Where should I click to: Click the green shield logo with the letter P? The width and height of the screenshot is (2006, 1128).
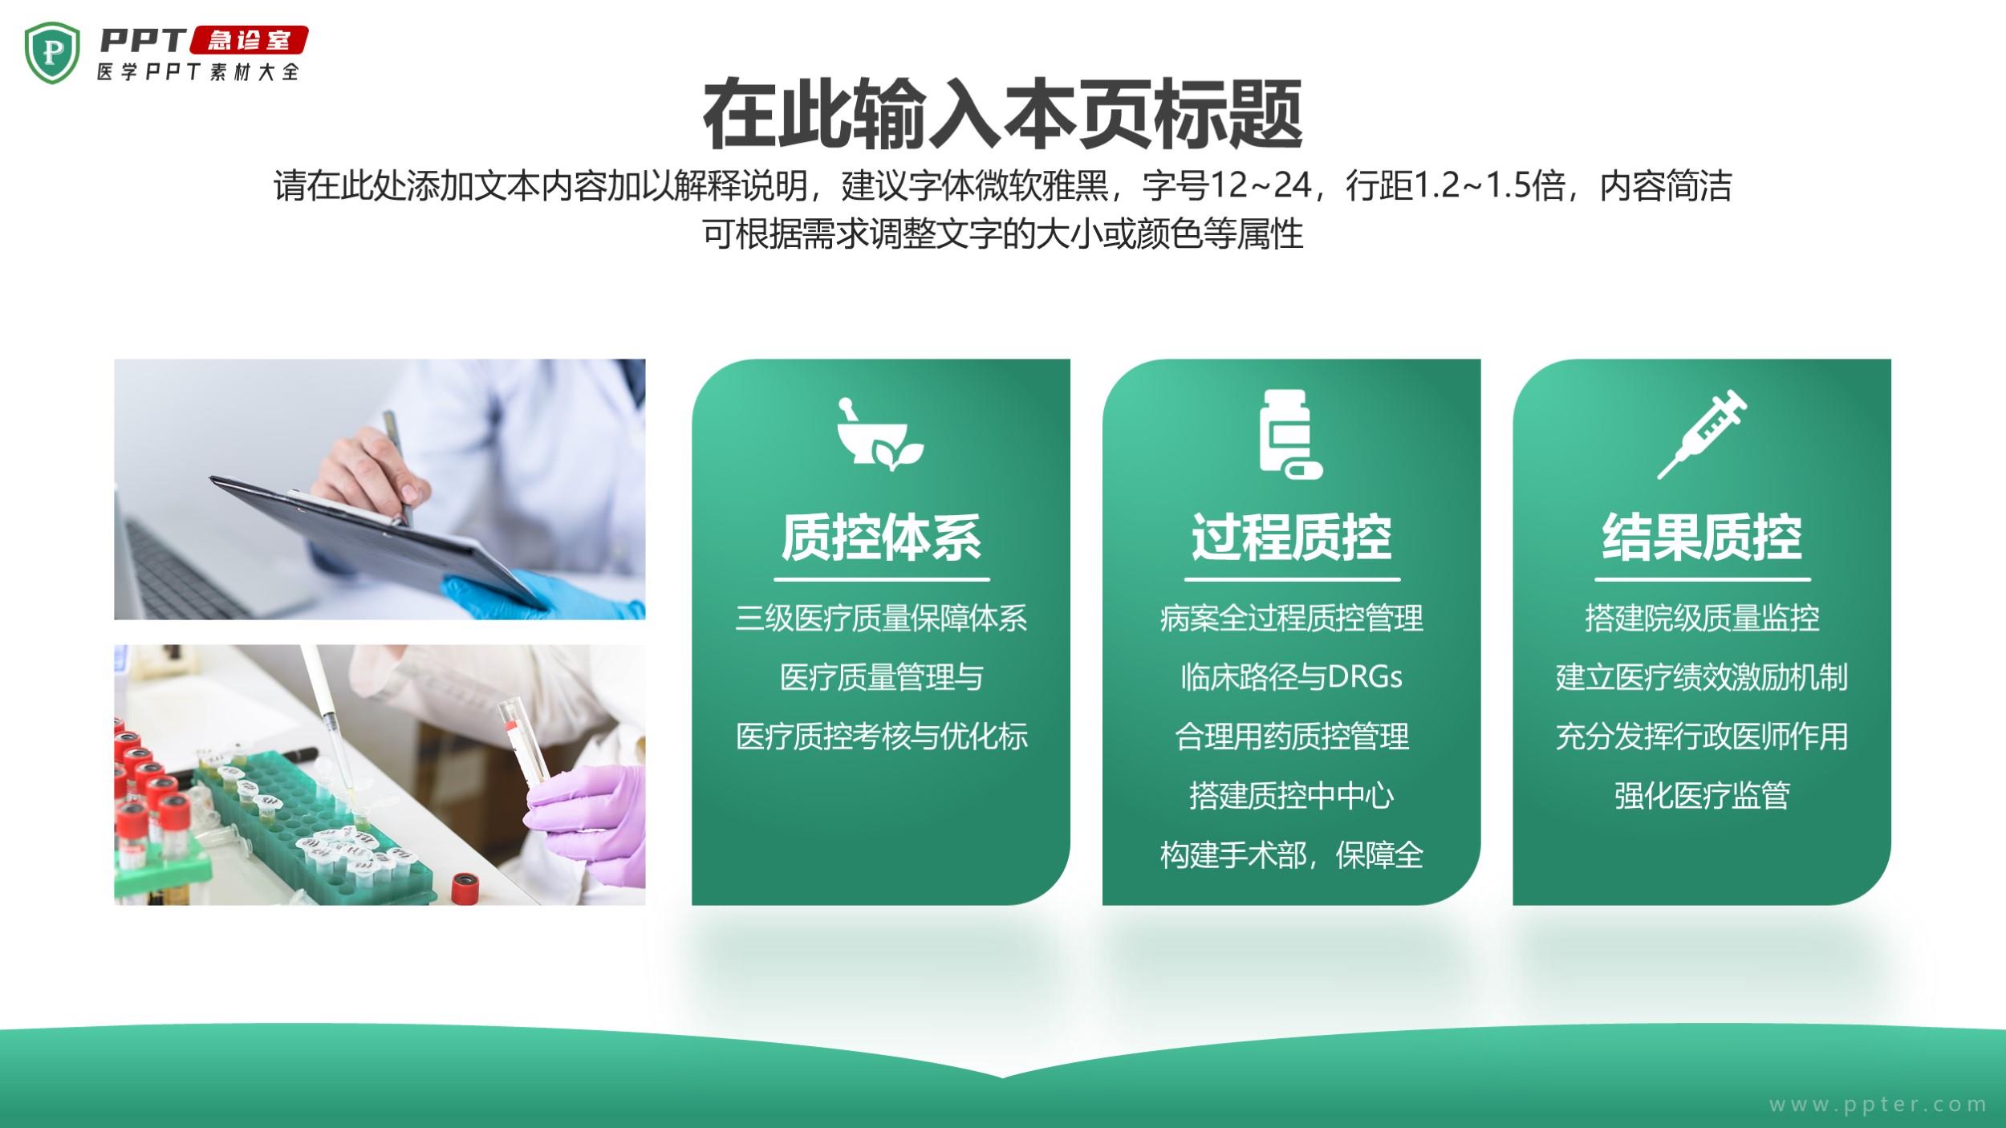(53, 53)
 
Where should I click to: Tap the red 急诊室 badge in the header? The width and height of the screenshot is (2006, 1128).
(249, 40)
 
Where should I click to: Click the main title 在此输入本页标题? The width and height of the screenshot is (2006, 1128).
(1002, 115)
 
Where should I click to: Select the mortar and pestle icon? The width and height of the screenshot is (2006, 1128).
(879, 432)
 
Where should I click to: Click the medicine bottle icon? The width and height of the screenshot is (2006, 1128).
(1290, 434)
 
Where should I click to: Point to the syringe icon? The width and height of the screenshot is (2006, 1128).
(1702, 434)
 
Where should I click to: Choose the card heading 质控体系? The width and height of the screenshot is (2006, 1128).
(881, 537)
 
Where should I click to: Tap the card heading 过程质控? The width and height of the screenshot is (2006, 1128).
(1292, 537)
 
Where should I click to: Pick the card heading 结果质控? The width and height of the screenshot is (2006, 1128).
(1702, 537)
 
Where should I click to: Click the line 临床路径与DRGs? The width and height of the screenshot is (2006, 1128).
(1292, 677)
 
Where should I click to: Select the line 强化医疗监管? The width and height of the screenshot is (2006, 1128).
(1702, 796)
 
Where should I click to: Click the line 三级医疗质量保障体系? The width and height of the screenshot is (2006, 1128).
(881, 618)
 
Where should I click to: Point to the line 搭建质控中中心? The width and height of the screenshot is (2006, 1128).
(1292, 796)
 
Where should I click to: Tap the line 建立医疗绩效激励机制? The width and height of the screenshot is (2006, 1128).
(1702, 677)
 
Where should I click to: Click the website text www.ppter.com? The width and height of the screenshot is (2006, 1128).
(1878, 1105)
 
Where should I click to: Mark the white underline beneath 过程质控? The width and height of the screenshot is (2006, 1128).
(1292, 578)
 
